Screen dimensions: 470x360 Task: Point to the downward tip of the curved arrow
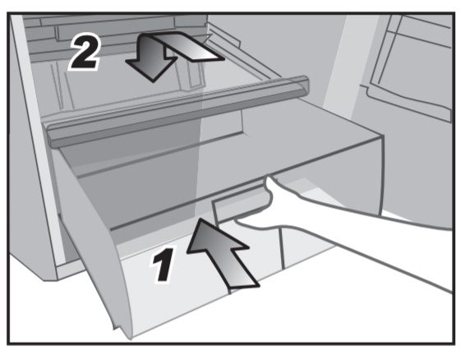[x=153, y=81]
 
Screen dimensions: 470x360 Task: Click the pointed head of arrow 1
[x=200, y=219]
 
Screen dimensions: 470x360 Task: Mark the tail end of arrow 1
[x=243, y=286]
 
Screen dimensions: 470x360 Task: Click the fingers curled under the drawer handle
[x=253, y=224]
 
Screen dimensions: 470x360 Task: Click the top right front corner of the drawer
[x=382, y=136]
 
